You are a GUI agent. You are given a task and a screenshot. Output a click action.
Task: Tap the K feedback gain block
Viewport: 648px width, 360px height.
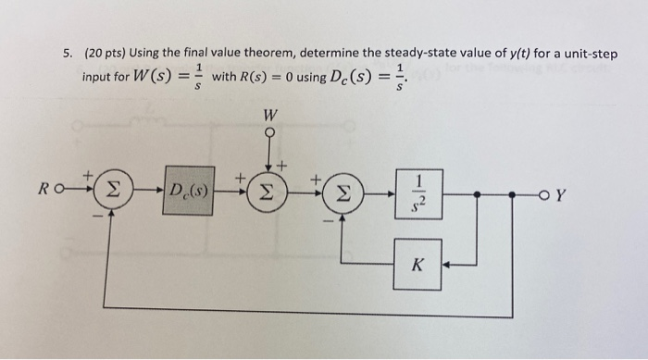pos(417,264)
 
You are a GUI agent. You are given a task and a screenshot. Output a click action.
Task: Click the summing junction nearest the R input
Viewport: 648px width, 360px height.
pos(112,194)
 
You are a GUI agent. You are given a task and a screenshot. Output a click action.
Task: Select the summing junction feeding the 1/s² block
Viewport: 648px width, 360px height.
pos(343,194)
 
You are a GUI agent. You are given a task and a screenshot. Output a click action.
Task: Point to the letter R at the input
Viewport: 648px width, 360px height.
pos(44,193)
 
